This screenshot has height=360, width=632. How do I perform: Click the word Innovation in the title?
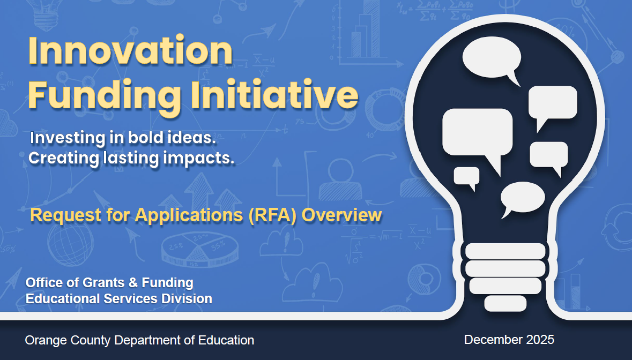[x=130, y=51]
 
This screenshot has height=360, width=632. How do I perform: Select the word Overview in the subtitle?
[x=341, y=215]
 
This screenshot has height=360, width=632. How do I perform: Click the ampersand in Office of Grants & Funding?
[x=133, y=283]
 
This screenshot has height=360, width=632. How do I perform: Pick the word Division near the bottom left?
[x=187, y=299]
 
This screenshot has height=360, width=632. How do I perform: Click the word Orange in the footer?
[x=46, y=341]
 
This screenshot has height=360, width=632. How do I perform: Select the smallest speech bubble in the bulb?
[x=467, y=178]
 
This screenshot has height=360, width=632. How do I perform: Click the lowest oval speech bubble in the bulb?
[x=522, y=199]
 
